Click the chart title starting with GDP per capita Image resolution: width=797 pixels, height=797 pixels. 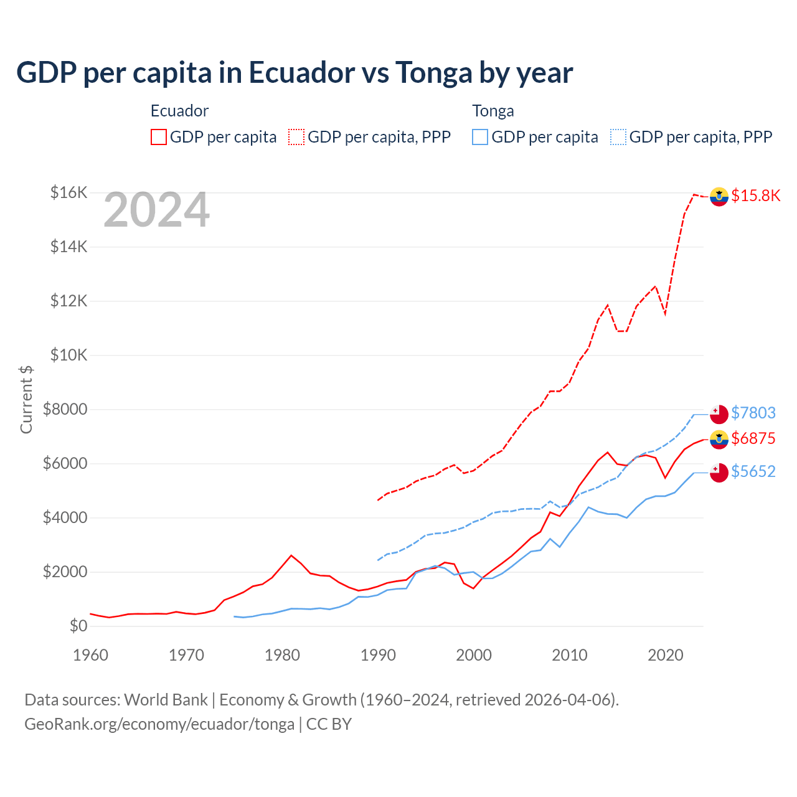pyautogui.click(x=295, y=73)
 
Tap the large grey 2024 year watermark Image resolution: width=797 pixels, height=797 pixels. pyautogui.click(x=156, y=210)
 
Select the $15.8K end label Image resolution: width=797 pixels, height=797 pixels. pyautogui.click(x=755, y=196)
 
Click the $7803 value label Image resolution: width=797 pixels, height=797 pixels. pyautogui.click(x=753, y=413)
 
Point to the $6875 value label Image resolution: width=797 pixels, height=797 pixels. pyautogui.click(x=753, y=438)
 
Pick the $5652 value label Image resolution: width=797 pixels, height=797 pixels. pyautogui.click(x=753, y=471)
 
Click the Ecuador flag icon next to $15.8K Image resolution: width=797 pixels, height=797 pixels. pyautogui.click(x=719, y=196)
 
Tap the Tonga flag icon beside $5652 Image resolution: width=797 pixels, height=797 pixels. pyautogui.click(x=719, y=473)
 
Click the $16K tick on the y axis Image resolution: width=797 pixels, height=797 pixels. pyautogui.click(x=68, y=192)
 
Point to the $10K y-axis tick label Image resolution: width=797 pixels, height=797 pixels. pyautogui.click(x=68, y=355)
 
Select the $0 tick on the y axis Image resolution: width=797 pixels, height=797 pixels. pyautogui.click(x=78, y=626)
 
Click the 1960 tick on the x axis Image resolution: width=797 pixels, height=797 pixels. pyautogui.click(x=91, y=655)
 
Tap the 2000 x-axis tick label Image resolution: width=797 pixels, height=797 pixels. pyautogui.click(x=474, y=655)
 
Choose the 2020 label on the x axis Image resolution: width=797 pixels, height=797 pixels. pyautogui.click(x=666, y=655)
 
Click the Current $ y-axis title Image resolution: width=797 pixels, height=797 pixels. pyautogui.click(x=26, y=399)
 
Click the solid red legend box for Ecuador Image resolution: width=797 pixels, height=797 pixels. pyautogui.click(x=159, y=137)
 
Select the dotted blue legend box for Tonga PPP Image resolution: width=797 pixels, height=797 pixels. pyautogui.click(x=618, y=137)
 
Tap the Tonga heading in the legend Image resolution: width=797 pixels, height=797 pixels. pyautogui.click(x=493, y=111)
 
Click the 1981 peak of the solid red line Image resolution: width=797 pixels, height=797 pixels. pyautogui.click(x=291, y=555)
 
